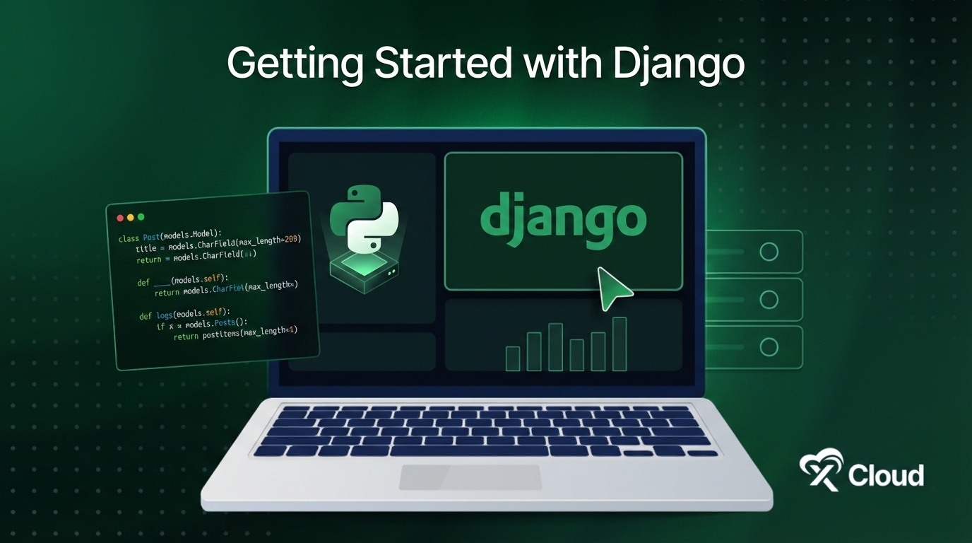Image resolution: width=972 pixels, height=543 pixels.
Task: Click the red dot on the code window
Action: pos(120,218)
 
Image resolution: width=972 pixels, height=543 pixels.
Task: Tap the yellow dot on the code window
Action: pos(131,218)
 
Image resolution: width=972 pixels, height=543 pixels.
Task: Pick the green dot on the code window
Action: pos(141,217)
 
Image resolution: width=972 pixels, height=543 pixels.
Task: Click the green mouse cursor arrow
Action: pos(612,287)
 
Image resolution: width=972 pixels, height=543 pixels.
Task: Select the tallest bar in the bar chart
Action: pos(620,344)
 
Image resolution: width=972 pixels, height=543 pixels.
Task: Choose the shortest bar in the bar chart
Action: pos(513,358)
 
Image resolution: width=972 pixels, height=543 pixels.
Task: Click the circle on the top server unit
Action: pos(769,252)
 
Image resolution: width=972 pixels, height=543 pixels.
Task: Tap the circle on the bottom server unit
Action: pos(769,347)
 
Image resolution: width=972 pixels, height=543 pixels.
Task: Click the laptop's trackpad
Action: pos(470,477)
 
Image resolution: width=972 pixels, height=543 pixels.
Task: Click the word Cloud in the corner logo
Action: pos(886,475)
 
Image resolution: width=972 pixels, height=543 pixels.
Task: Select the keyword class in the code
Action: pos(129,238)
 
